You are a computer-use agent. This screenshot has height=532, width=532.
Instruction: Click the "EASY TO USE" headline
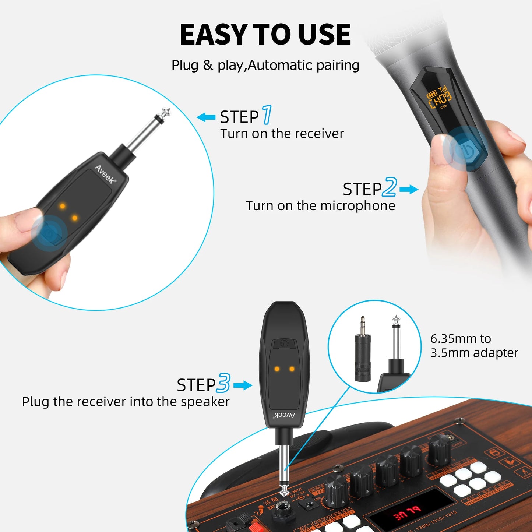[x=265, y=35]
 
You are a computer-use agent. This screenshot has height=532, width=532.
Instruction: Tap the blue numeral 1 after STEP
[x=267, y=115]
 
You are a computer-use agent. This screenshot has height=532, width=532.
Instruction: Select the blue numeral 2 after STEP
[x=390, y=187]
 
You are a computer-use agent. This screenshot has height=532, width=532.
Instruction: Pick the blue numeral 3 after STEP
[x=223, y=383]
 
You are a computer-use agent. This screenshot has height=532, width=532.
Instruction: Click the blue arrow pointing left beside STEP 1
[x=206, y=118]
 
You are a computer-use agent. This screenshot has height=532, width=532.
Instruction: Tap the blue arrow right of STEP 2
[x=409, y=190]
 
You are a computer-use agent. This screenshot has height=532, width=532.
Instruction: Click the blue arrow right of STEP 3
[x=243, y=385]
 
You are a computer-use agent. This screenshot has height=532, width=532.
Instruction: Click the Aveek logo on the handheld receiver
[x=105, y=174]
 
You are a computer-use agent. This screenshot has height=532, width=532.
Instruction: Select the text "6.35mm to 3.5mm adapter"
[x=474, y=345]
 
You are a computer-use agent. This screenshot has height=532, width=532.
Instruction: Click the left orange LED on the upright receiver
[x=277, y=369]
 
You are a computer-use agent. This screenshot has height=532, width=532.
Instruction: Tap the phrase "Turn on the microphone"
[x=320, y=205]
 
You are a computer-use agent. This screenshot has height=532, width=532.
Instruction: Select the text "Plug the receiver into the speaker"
[x=126, y=401]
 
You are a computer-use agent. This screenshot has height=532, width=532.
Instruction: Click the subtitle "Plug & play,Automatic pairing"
[x=265, y=65]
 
